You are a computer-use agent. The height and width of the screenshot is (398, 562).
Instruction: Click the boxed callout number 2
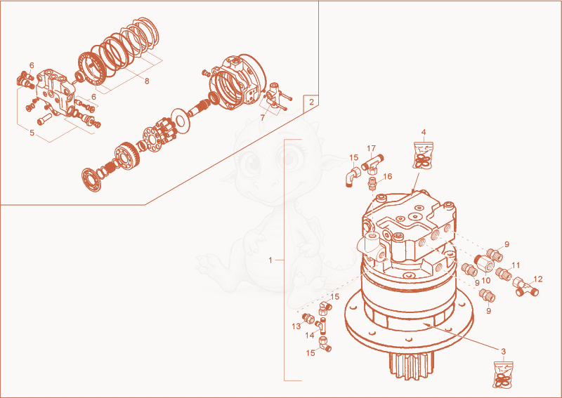tap(311, 102)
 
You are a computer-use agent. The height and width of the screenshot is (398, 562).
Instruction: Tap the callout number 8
tap(147, 81)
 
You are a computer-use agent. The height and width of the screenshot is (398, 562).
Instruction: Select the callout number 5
tap(32, 133)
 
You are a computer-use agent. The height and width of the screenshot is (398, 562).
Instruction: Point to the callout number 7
tap(263, 117)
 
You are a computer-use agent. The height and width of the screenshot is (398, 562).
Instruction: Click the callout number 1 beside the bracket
tap(270, 260)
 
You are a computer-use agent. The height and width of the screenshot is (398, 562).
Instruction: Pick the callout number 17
tap(372, 148)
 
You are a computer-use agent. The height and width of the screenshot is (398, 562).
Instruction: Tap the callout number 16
tap(388, 176)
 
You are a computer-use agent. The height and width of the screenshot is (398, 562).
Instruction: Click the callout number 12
tap(538, 279)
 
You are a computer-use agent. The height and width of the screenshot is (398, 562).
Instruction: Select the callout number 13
tap(296, 326)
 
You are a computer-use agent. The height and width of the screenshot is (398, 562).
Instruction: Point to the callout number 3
tap(503, 352)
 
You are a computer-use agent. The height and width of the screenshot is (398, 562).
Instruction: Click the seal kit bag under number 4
tap(424, 155)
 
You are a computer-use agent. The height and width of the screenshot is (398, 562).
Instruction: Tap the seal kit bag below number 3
tap(503, 375)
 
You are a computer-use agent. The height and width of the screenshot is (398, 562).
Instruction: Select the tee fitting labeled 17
tap(372, 164)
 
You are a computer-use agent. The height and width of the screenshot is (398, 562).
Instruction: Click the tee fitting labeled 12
tap(525, 286)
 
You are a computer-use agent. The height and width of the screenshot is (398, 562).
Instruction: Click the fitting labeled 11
tap(504, 274)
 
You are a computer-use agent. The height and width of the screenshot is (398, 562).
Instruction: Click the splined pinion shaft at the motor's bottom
tap(412, 365)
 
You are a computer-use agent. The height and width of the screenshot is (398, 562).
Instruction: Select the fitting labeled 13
tap(308, 318)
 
